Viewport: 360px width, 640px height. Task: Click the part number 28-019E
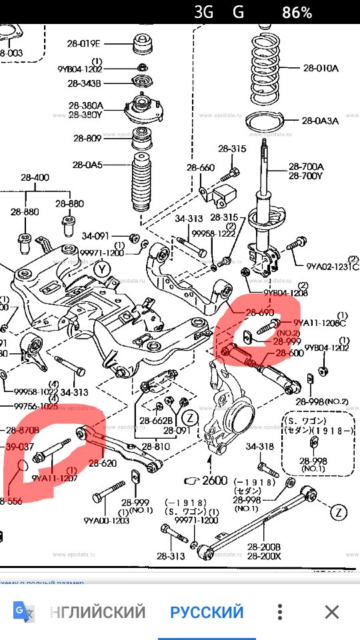[x=83, y=44]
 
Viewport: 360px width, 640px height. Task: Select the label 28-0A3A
[x=320, y=121]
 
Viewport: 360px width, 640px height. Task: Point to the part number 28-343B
[x=84, y=83]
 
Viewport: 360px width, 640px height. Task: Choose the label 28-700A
[x=306, y=167]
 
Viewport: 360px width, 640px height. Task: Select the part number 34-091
[x=95, y=235]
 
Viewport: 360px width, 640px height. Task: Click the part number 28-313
[x=171, y=555]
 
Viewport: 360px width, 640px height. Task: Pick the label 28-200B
[x=265, y=546]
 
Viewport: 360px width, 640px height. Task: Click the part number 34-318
[x=259, y=447]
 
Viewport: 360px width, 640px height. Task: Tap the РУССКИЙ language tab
[x=207, y=611]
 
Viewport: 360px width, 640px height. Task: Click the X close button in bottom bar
[x=331, y=611]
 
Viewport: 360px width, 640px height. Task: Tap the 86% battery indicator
[x=297, y=12]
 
